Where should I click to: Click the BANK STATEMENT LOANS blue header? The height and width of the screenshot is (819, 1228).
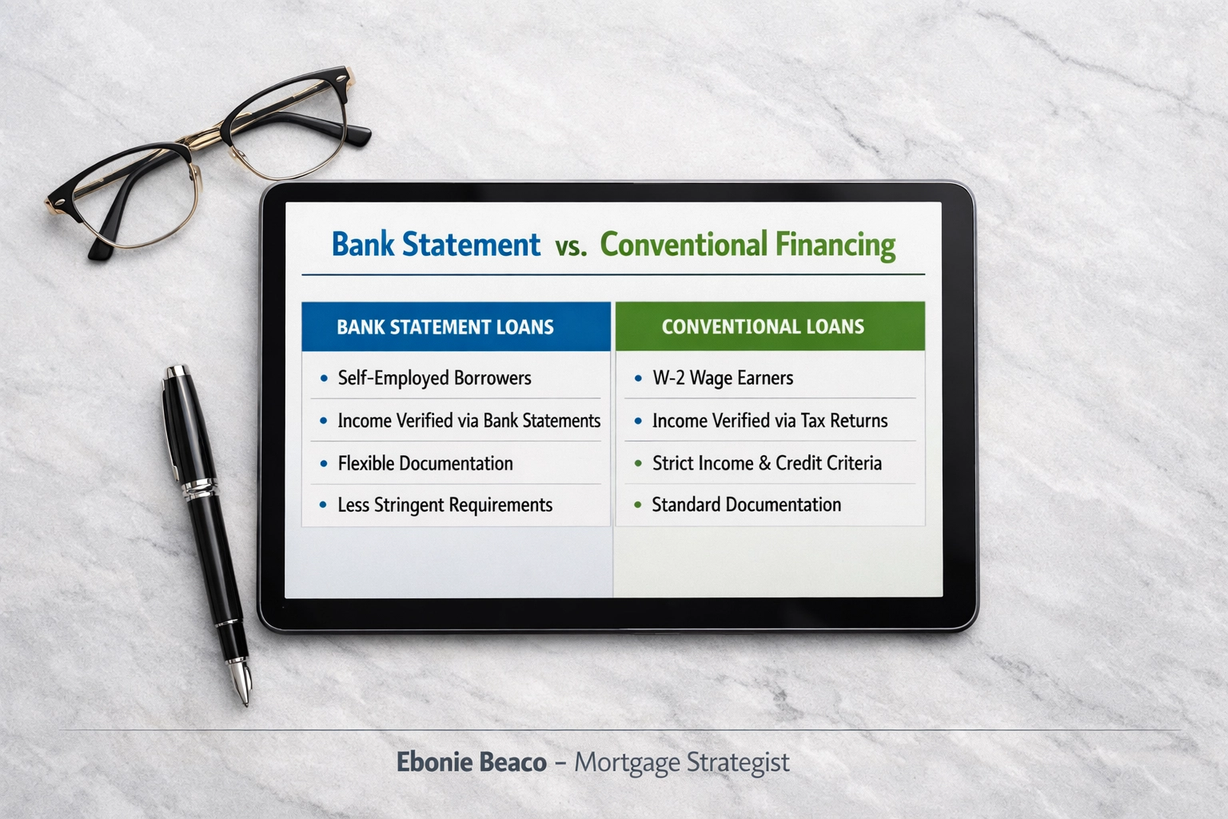[445, 327]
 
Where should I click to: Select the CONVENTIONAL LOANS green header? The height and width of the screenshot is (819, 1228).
[763, 326]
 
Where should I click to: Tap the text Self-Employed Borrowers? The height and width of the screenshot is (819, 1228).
[434, 378]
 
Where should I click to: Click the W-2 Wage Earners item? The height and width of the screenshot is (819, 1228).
[723, 378]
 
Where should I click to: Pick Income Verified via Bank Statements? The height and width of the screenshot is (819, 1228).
[468, 421]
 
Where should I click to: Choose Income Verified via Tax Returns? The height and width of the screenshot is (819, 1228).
[769, 421]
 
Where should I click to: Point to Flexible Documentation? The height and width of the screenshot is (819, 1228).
[425, 463]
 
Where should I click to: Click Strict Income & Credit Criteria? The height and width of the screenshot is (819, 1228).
[767, 463]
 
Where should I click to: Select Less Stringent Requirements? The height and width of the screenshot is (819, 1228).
[445, 505]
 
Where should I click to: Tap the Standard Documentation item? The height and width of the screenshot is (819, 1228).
[746, 505]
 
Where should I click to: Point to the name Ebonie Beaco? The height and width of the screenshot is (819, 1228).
[472, 762]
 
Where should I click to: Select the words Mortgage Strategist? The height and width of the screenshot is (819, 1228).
[682, 762]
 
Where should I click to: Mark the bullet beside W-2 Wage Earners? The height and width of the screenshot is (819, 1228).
[638, 378]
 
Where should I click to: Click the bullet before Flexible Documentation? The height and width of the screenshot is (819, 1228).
[323, 464]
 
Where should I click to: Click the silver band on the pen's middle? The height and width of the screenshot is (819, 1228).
[200, 488]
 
